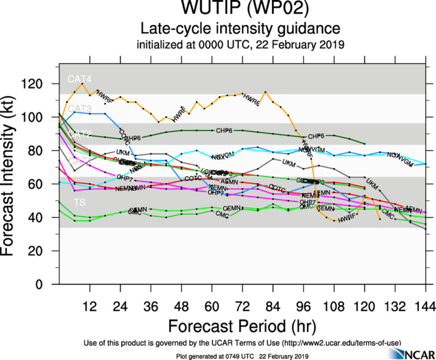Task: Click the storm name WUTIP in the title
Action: pyautogui.click(x=195, y=9)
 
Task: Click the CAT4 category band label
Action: pyautogui.click(x=80, y=79)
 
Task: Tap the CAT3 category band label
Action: pyautogui.click(x=80, y=109)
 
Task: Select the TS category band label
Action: pyautogui.click(x=80, y=203)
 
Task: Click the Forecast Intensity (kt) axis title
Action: pyautogui.click(x=14, y=175)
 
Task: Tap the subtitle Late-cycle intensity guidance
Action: pyautogui.click(x=240, y=29)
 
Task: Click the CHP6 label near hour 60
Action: pyautogui.click(x=225, y=130)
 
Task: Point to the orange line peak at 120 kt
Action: pyautogui.click(x=82, y=84)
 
